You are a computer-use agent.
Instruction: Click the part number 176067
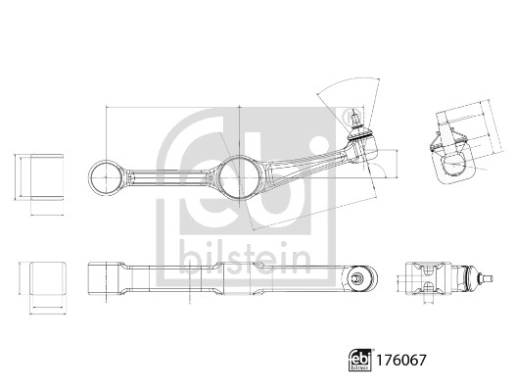click(x=400, y=361)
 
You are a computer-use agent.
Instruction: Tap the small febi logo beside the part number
click(x=360, y=360)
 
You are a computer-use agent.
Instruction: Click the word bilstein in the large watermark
click(x=245, y=259)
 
